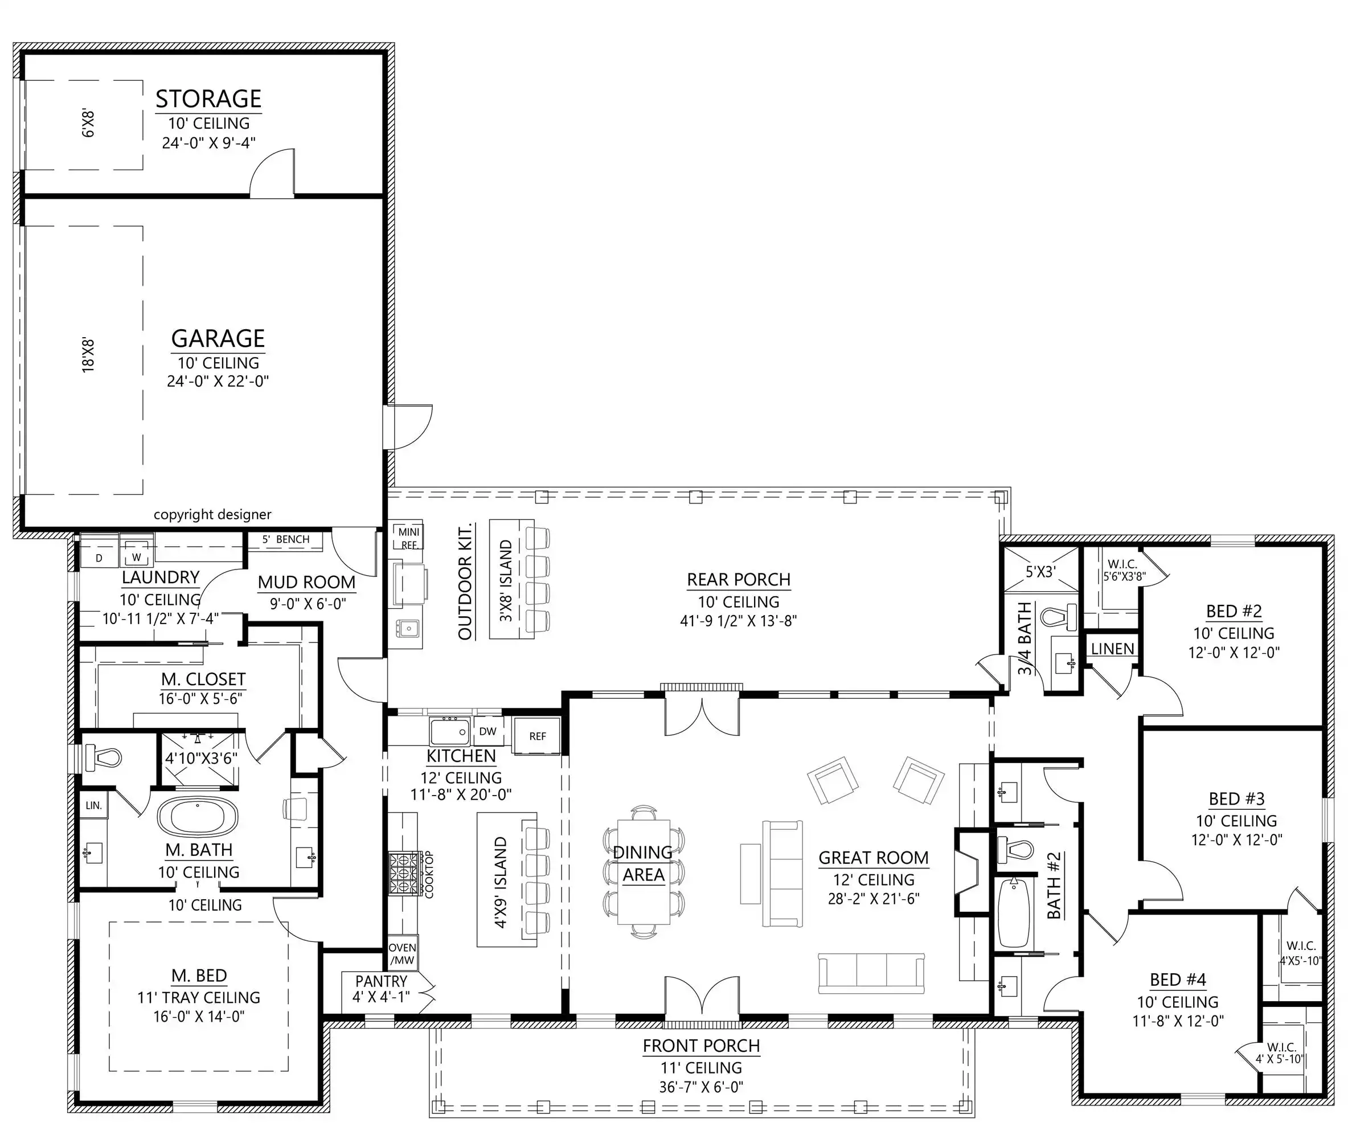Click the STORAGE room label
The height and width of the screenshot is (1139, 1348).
coord(208,99)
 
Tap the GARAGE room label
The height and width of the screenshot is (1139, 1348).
coord(218,339)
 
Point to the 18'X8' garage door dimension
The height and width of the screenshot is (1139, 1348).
coord(88,355)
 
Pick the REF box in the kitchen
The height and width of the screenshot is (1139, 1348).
coord(537,735)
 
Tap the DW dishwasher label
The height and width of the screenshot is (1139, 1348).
coord(488,732)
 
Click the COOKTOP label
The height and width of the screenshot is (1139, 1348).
coord(429,874)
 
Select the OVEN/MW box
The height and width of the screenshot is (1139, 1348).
coord(402,953)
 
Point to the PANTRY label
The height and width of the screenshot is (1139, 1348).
coord(382,981)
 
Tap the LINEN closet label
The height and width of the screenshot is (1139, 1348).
coord(1112,649)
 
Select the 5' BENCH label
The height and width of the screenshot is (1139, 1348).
coord(285,539)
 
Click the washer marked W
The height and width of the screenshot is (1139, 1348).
coord(136,556)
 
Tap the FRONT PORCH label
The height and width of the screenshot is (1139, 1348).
coord(701,1046)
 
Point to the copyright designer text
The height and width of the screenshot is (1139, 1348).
coord(212,515)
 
